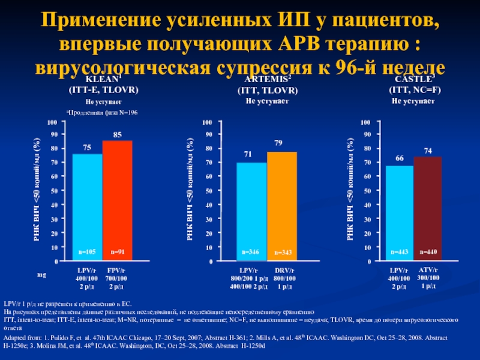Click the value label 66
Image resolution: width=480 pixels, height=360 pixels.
pyautogui.click(x=399, y=158)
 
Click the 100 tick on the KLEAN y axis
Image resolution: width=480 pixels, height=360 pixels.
pyautogui.click(x=55, y=122)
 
